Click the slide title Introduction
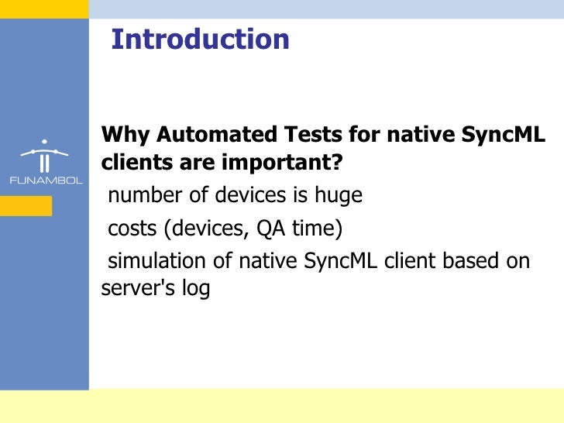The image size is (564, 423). (x=200, y=40)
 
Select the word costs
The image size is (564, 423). (x=129, y=229)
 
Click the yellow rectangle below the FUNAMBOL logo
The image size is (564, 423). (x=26, y=205)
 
